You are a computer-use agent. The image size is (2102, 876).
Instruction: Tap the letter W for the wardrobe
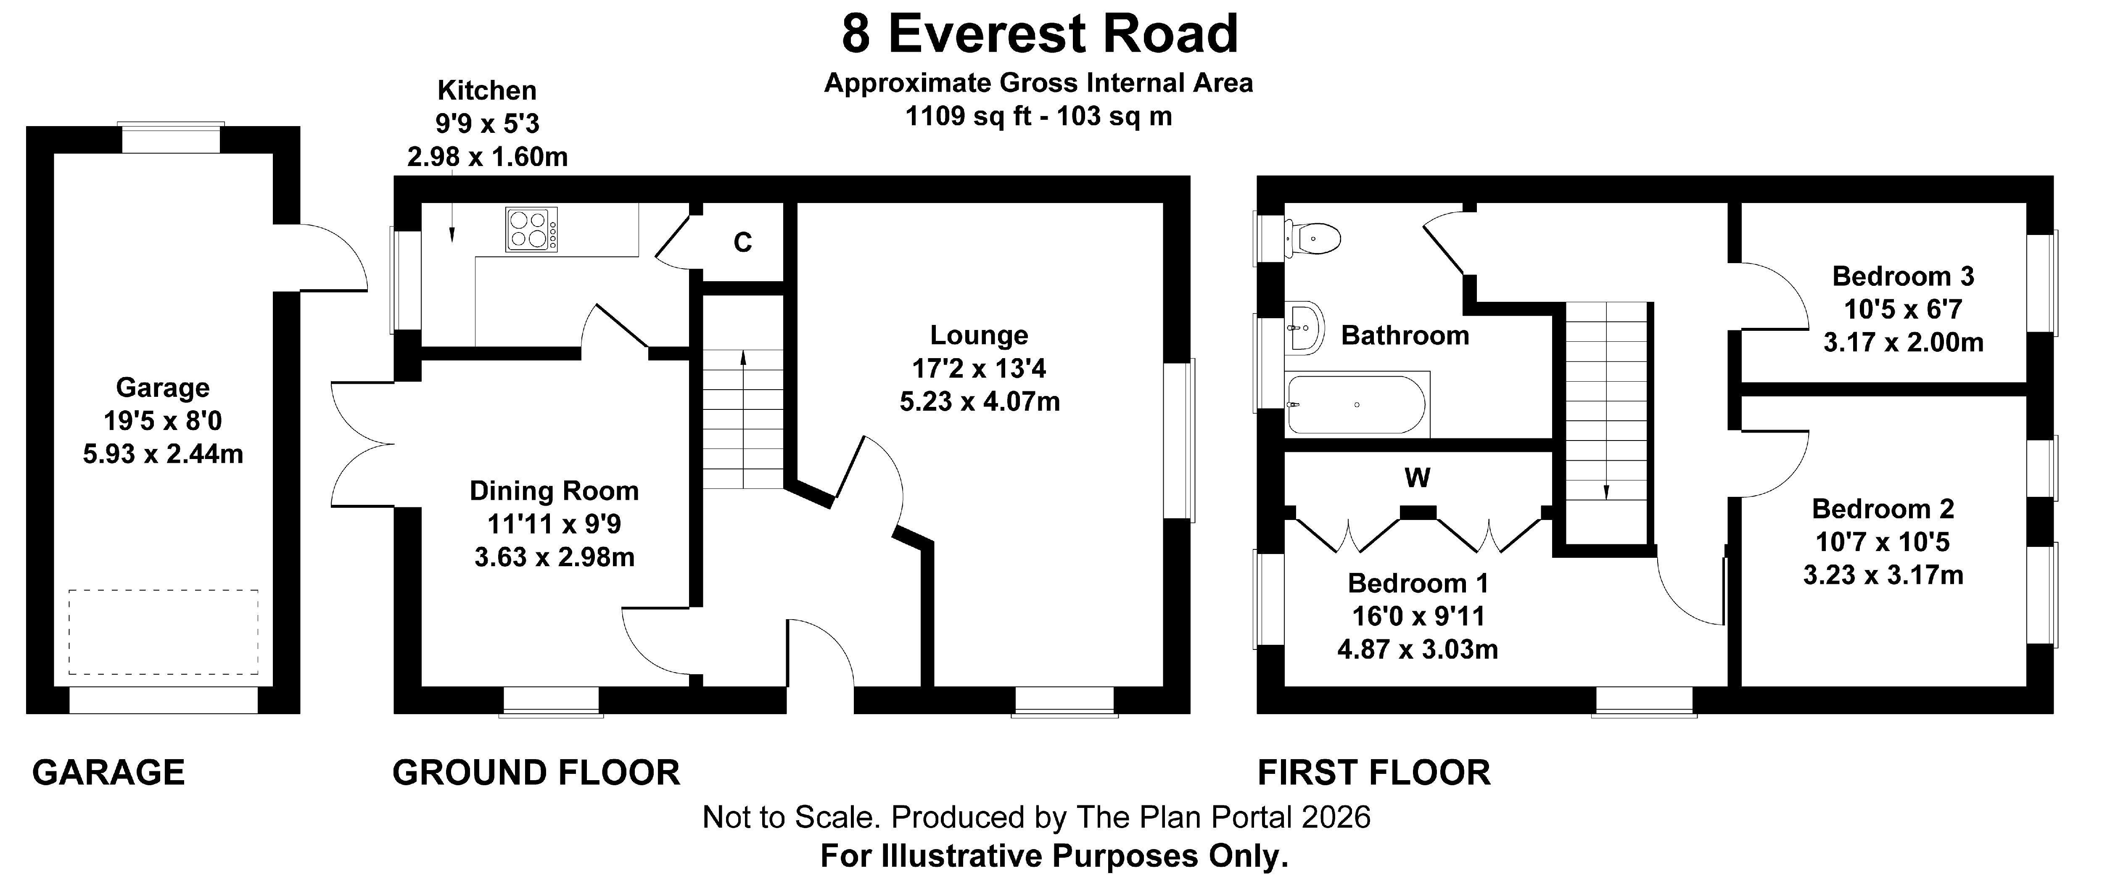[x=1418, y=477]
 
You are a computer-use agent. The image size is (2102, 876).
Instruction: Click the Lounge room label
[x=979, y=335]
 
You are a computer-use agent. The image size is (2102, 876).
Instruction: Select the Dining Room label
[x=554, y=491]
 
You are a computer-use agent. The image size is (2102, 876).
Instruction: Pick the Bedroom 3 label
[x=1903, y=277]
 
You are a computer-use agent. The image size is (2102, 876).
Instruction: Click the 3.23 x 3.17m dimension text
[x=1883, y=575]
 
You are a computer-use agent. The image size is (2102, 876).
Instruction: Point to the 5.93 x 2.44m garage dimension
[x=163, y=454]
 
